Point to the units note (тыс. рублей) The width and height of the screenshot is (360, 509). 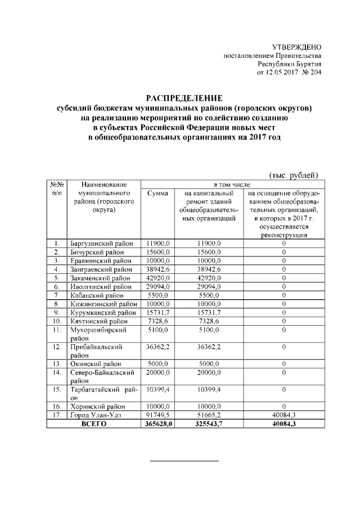tap(294, 175)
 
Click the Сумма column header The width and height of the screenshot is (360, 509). tap(157, 193)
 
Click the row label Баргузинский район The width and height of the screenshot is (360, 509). tap(102, 244)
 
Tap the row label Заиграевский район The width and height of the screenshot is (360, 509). tap(102, 269)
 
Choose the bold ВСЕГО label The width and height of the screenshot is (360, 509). tap(93, 424)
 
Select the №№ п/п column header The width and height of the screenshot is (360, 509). tap(57, 188)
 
